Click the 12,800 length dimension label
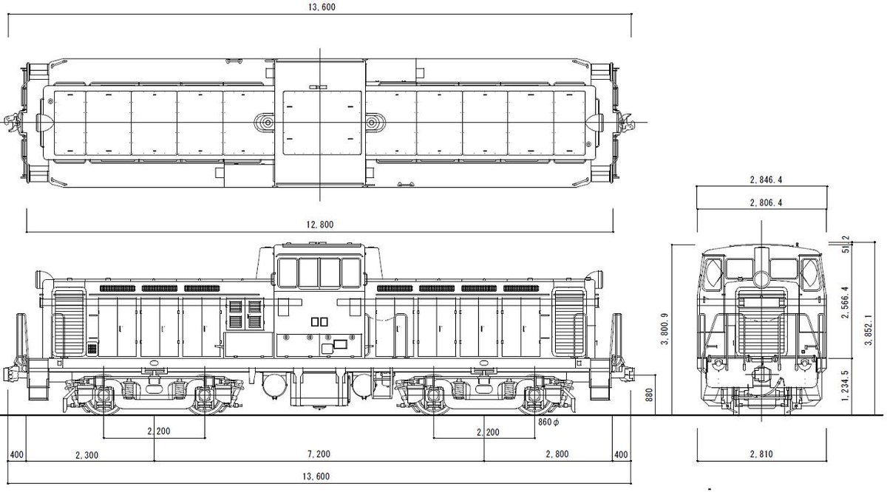[x=320, y=225]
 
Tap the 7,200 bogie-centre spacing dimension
[x=319, y=454]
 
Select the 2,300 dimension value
[x=86, y=455]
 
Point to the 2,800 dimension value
[x=557, y=454]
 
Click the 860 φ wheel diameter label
[x=548, y=423]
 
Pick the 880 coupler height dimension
[x=649, y=395]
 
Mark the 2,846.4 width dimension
[x=766, y=180]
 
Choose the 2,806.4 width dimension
[x=766, y=202]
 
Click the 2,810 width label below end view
[x=761, y=454]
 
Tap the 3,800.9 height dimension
[x=665, y=329]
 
